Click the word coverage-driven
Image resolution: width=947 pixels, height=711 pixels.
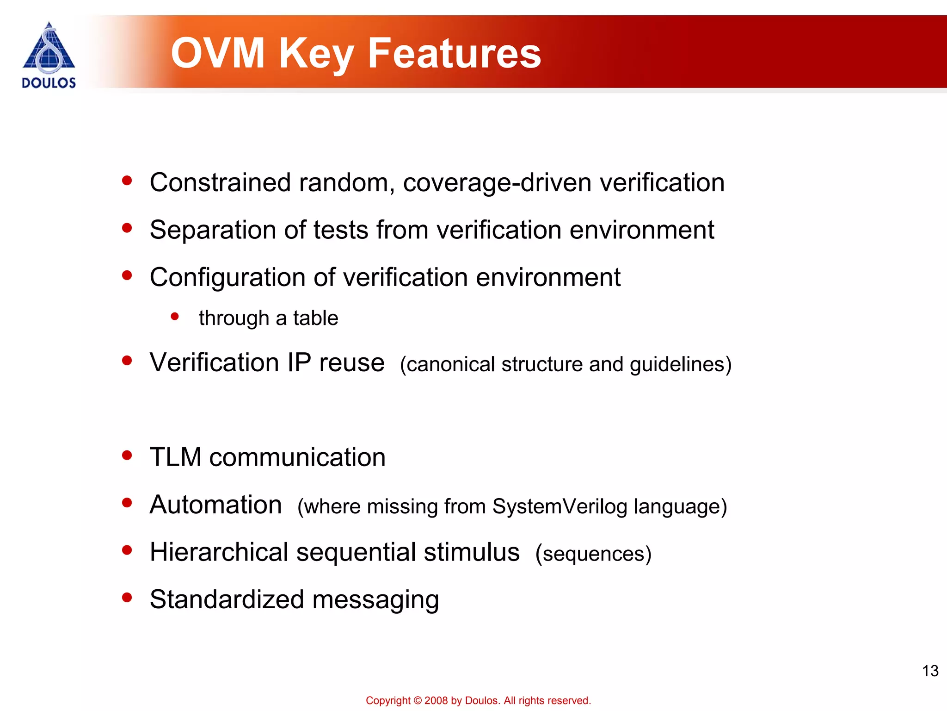click(x=497, y=182)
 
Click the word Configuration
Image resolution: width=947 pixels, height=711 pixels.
click(x=227, y=278)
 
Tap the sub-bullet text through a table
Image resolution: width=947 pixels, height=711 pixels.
click(x=268, y=318)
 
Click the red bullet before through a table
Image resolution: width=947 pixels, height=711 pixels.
click(x=175, y=317)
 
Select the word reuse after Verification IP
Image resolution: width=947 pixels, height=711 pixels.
click(x=351, y=362)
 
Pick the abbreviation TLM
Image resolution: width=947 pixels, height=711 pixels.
click(x=176, y=457)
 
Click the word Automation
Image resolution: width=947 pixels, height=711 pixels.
click(x=216, y=505)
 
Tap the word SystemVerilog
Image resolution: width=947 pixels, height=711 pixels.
click(x=560, y=506)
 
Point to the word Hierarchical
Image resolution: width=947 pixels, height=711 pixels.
click(x=219, y=552)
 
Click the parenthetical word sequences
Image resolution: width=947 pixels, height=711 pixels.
click(x=593, y=554)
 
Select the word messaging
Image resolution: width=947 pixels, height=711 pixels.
click(x=375, y=600)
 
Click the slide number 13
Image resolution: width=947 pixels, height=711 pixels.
click(x=930, y=671)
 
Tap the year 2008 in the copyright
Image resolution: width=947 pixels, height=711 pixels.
click(x=437, y=701)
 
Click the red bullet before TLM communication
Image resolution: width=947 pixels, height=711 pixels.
click(x=127, y=455)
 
